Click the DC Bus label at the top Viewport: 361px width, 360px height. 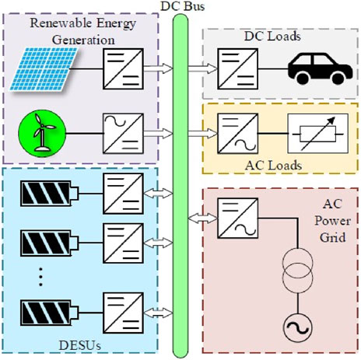tap(180, 6)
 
